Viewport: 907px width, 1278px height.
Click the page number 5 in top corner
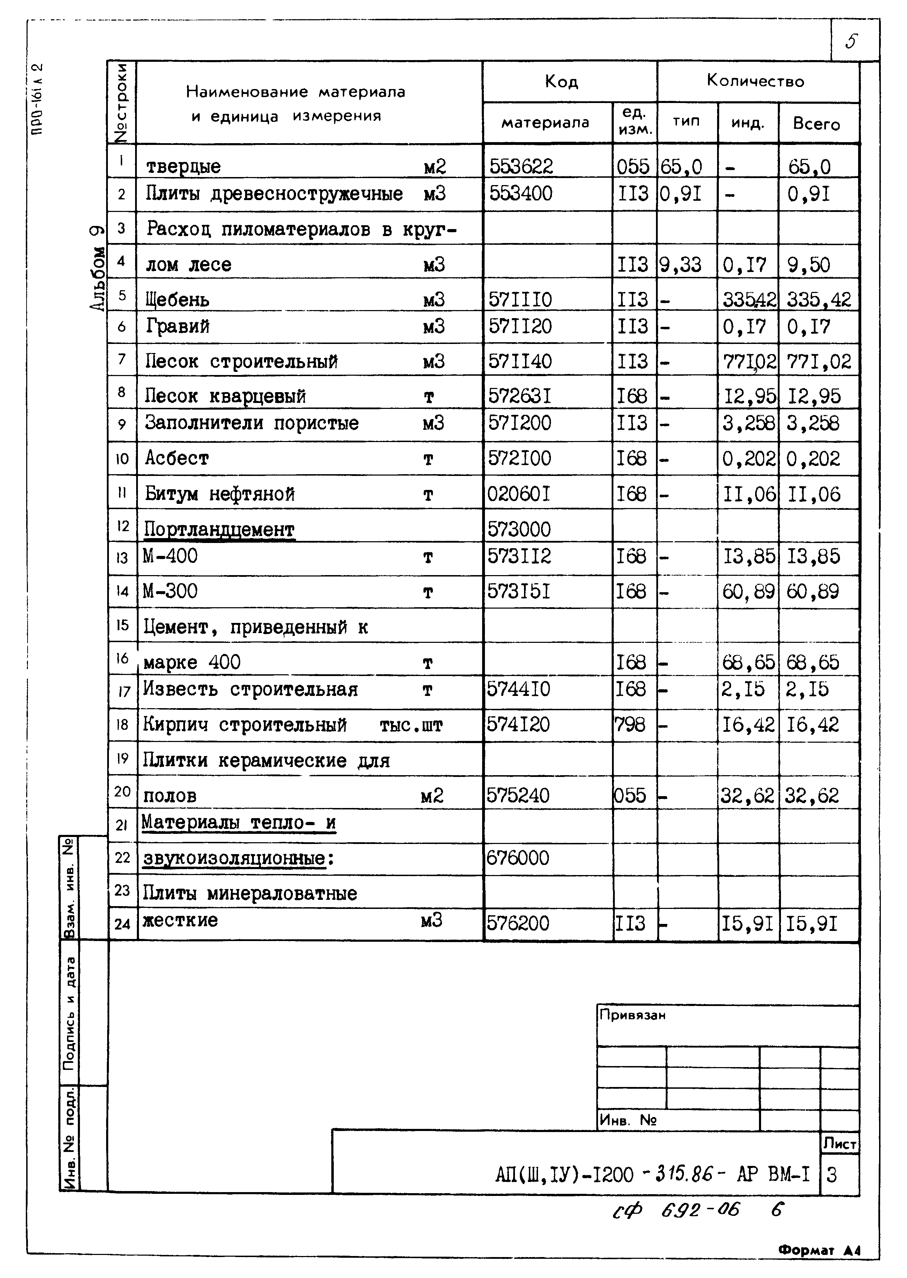coord(851,41)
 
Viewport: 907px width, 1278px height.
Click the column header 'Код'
coord(561,82)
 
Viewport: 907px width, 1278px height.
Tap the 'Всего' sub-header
coord(816,124)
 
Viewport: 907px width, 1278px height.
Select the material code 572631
coord(519,396)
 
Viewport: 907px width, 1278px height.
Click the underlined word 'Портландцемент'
coord(219,528)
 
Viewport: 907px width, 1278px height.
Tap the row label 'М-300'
coord(170,591)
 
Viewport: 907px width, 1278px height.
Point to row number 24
coord(122,924)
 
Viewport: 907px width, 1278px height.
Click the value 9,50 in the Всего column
coord(808,264)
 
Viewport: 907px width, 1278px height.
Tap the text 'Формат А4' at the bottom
coord(819,1251)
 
